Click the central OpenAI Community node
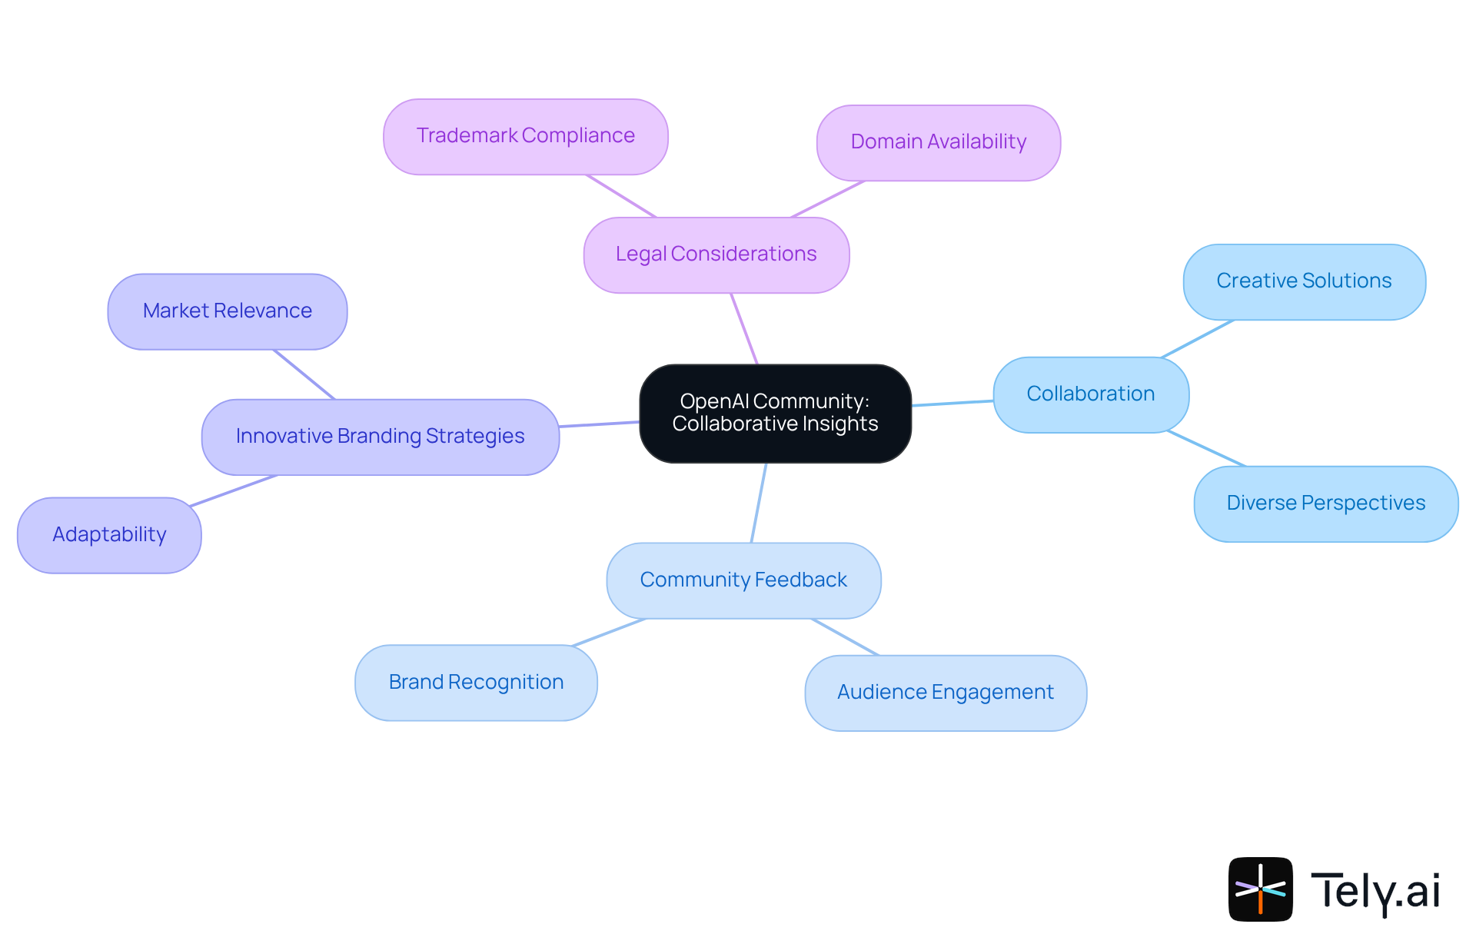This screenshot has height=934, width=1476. coord(775,414)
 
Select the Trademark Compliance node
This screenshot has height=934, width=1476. coord(526,136)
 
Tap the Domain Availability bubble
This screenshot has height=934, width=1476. coord(938,142)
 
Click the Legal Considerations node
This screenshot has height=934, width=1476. coord(716,254)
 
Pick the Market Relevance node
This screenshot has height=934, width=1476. coord(228,311)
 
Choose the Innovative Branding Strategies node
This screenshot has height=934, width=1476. coord(380,437)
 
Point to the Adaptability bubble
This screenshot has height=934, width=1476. coord(109,535)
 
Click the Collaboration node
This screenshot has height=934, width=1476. coord(1090,394)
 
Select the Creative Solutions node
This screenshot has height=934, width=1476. coord(1304,281)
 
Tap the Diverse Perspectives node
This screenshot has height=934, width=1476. coord(1325,504)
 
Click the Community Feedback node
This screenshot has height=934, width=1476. coord(743,580)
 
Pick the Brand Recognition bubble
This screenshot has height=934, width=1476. coord(476,683)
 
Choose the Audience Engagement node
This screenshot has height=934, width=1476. coord(945,693)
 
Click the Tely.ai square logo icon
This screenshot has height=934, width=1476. coord(1260,889)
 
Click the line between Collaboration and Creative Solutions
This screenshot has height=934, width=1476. coord(1198,339)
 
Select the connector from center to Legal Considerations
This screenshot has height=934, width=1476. coord(744,328)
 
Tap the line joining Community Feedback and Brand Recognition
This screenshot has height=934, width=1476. coord(608,633)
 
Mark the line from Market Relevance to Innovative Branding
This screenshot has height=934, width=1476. coord(304,374)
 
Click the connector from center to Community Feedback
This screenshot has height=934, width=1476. coord(759,503)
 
